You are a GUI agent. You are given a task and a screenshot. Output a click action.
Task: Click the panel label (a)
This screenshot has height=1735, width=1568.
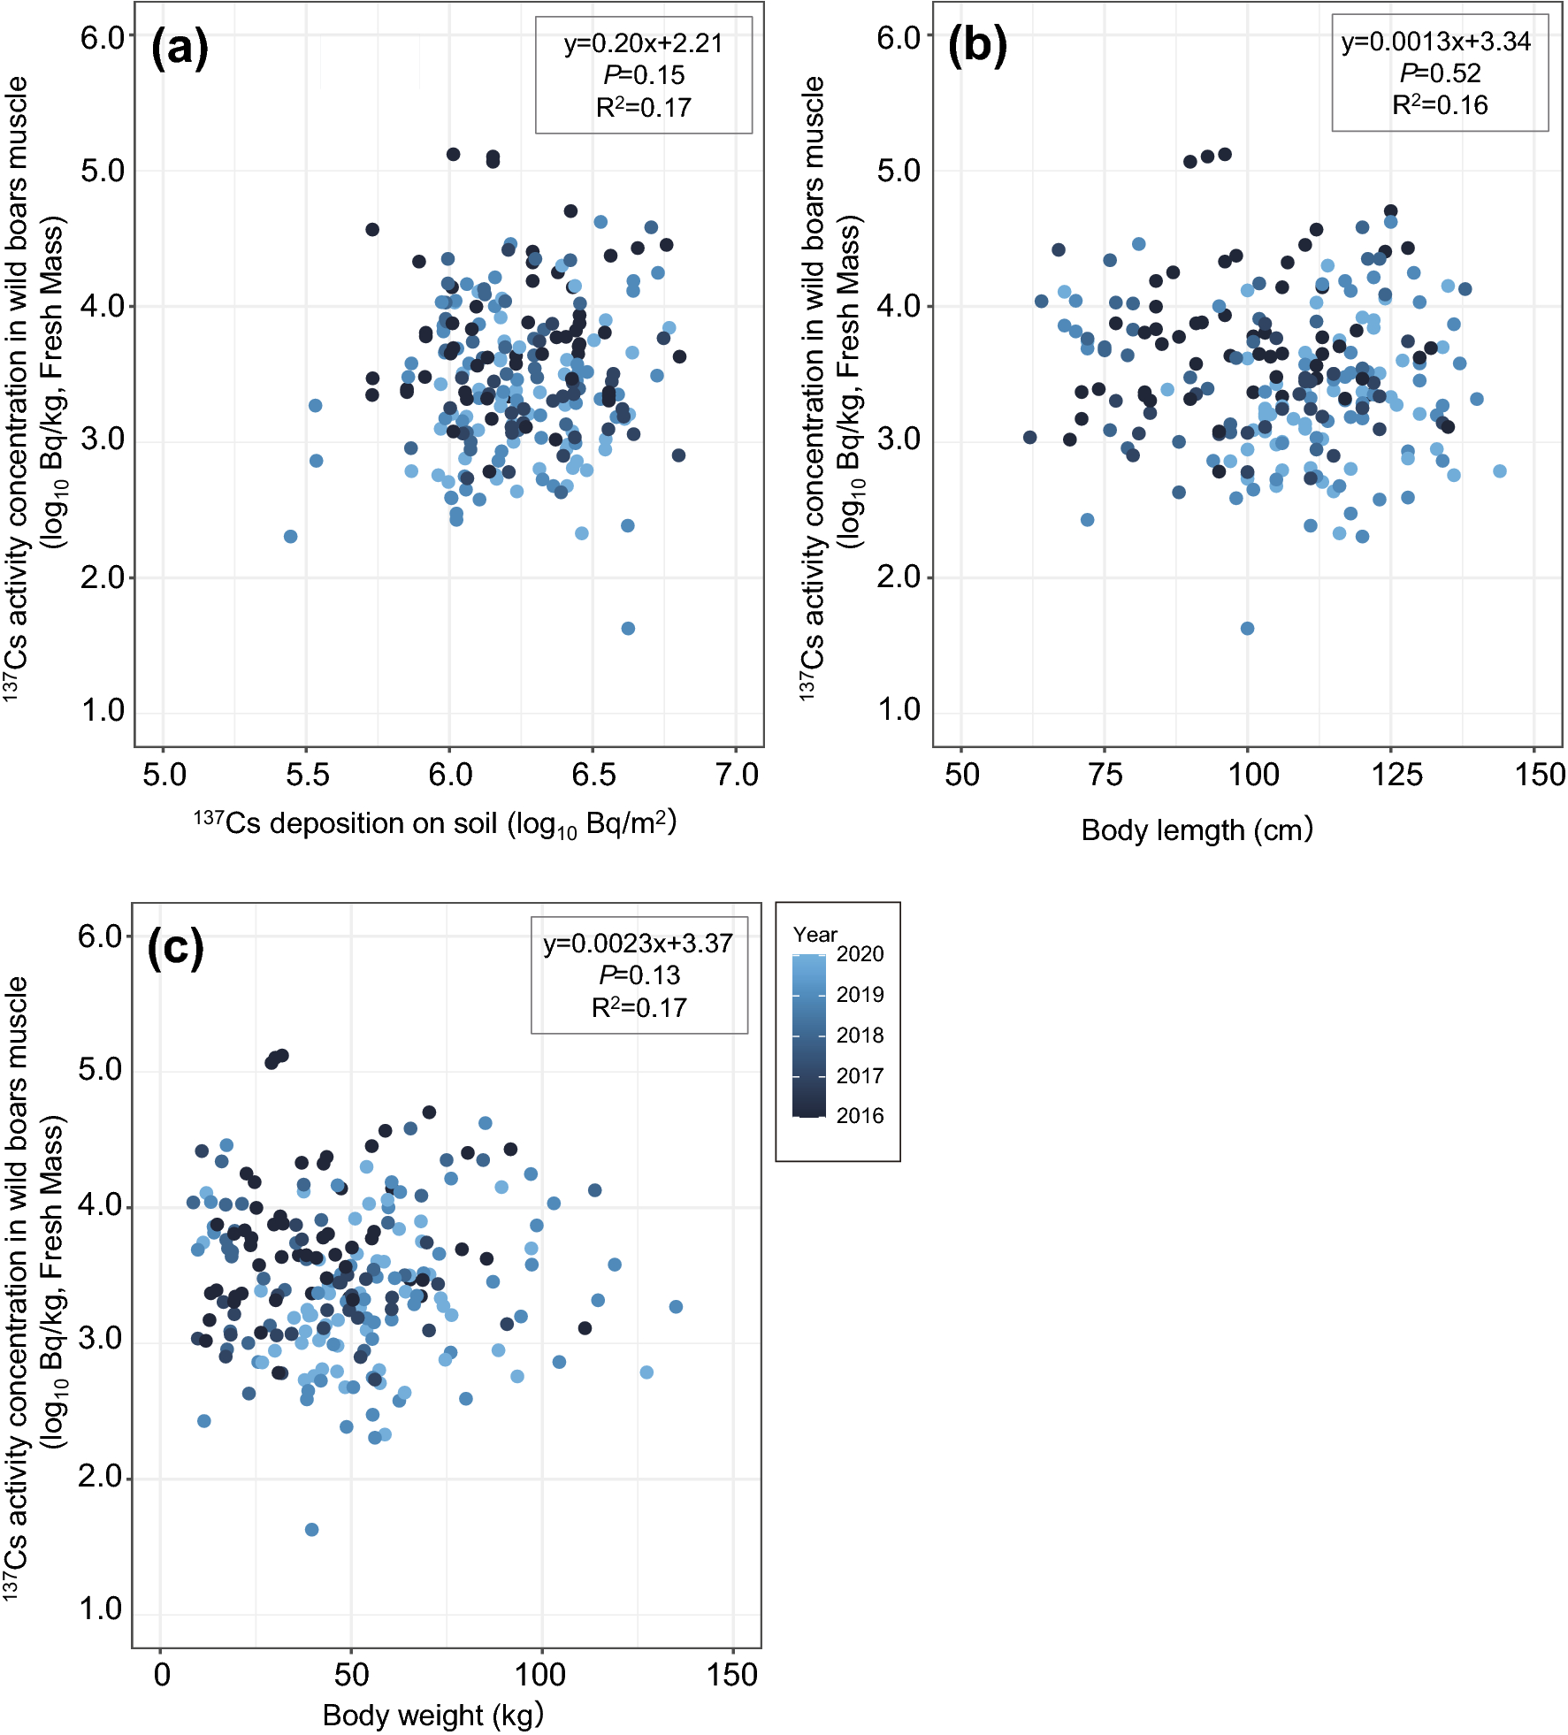[x=180, y=48]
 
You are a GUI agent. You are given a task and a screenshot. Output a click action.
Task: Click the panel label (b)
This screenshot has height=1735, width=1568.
[x=977, y=46]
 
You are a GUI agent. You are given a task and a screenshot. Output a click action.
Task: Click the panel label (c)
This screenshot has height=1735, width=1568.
[x=176, y=948]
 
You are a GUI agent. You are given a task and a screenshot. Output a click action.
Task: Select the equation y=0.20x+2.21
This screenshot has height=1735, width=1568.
[x=643, y=43]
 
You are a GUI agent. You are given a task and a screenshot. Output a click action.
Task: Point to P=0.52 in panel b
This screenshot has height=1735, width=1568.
[x=1440, y=73]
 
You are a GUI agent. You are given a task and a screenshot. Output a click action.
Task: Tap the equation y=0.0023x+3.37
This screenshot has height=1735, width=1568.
[x=638, y=944]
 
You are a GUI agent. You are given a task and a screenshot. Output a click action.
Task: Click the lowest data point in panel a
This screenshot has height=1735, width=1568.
[x=628, y=629]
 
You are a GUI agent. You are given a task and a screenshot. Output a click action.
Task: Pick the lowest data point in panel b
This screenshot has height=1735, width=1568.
[x=1247, y=629]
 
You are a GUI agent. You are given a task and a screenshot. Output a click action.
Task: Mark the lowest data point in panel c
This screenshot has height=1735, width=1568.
[x=311, y=1530]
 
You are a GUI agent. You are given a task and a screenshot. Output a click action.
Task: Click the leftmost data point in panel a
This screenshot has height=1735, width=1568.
[x=290, y=537]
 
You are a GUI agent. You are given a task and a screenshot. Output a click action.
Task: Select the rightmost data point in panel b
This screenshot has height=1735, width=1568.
[x=1500, y=471]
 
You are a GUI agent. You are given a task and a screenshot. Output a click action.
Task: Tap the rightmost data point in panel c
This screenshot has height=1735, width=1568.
[x=676, y=1307]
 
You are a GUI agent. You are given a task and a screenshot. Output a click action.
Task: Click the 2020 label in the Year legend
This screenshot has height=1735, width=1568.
[x=860, y=954]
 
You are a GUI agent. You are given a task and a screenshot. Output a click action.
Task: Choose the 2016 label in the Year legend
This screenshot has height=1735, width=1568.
[x=860, y=1116]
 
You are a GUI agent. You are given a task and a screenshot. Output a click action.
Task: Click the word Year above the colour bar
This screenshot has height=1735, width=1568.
[x=815, y=935]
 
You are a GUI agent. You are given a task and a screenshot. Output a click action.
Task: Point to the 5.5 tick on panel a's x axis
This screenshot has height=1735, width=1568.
[x=307, y=776]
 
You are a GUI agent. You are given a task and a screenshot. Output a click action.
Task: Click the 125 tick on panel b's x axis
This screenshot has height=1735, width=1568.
[x=1396, y=776]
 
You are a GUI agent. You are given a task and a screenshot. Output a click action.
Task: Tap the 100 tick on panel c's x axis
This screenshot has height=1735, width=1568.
[x=539, y=1676]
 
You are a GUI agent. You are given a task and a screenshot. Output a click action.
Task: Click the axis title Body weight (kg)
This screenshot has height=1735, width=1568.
[x=432, y=1716]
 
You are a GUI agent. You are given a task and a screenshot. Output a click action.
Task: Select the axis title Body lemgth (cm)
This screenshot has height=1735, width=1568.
[x=1197, y=830]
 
